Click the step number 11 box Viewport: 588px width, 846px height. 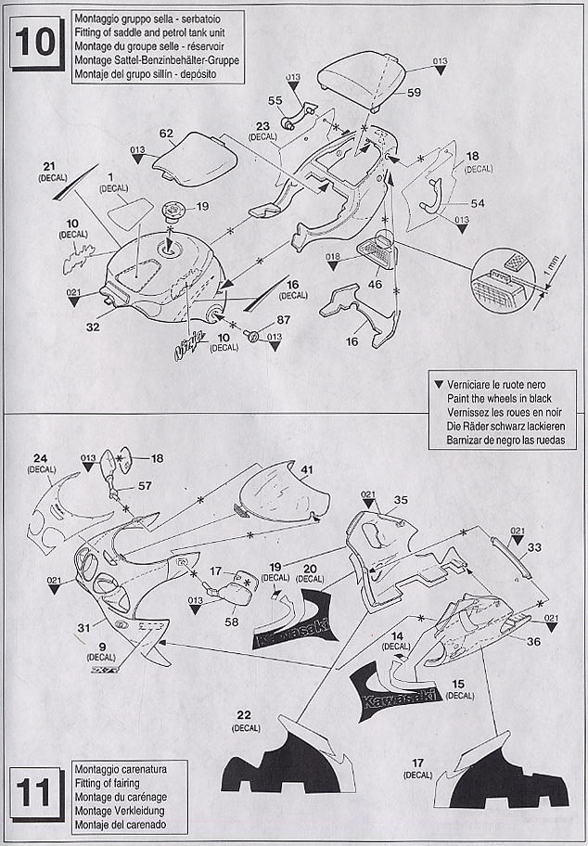[x=36, y=795]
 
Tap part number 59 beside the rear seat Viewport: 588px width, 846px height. [x=413, y=93]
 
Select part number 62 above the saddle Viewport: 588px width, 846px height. [x=166, y=134]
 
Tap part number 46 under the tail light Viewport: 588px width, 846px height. [x=374, y=285]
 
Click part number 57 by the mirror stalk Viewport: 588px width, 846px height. [x=145, y=485]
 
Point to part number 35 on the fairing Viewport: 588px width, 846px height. [x=401, y=500]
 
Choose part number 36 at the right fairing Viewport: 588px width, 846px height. [x=533, y=641]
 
